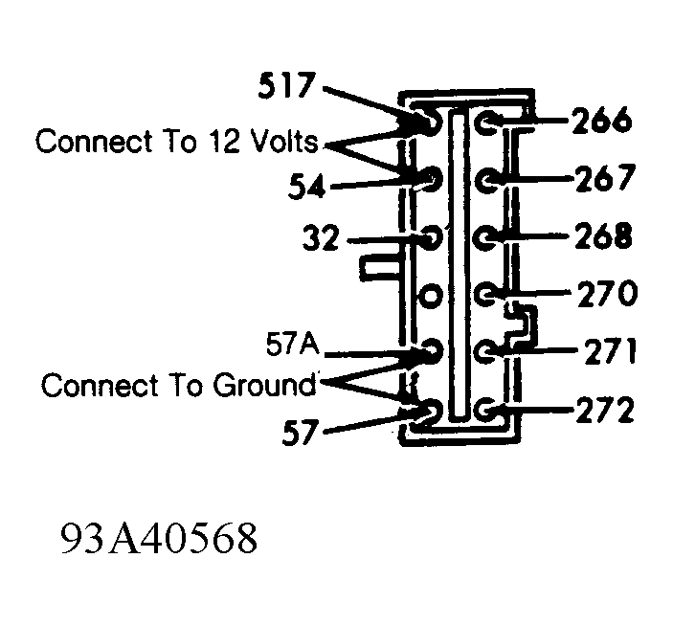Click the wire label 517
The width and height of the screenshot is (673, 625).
[286, 85]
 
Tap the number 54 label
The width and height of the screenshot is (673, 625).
[306, 186]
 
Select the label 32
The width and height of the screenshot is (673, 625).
[321, 237]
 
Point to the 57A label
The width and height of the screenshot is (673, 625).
[293, 344]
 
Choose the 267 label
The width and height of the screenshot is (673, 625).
[604, 177]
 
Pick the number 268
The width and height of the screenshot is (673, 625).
[603, 235]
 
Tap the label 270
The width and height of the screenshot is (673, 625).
[607, 293]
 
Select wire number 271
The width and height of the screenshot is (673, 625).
[610, 350]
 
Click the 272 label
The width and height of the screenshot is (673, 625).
[605, 410]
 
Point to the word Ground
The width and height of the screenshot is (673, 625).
[264, 385]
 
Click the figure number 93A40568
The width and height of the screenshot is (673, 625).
[159, 538]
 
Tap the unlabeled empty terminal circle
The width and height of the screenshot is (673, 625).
[430, 296]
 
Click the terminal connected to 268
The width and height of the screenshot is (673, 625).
[485, 237]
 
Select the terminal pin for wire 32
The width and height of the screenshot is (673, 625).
[431, 237]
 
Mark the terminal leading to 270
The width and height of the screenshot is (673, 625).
[485, 295]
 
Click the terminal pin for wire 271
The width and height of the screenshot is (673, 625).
[486, 350]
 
